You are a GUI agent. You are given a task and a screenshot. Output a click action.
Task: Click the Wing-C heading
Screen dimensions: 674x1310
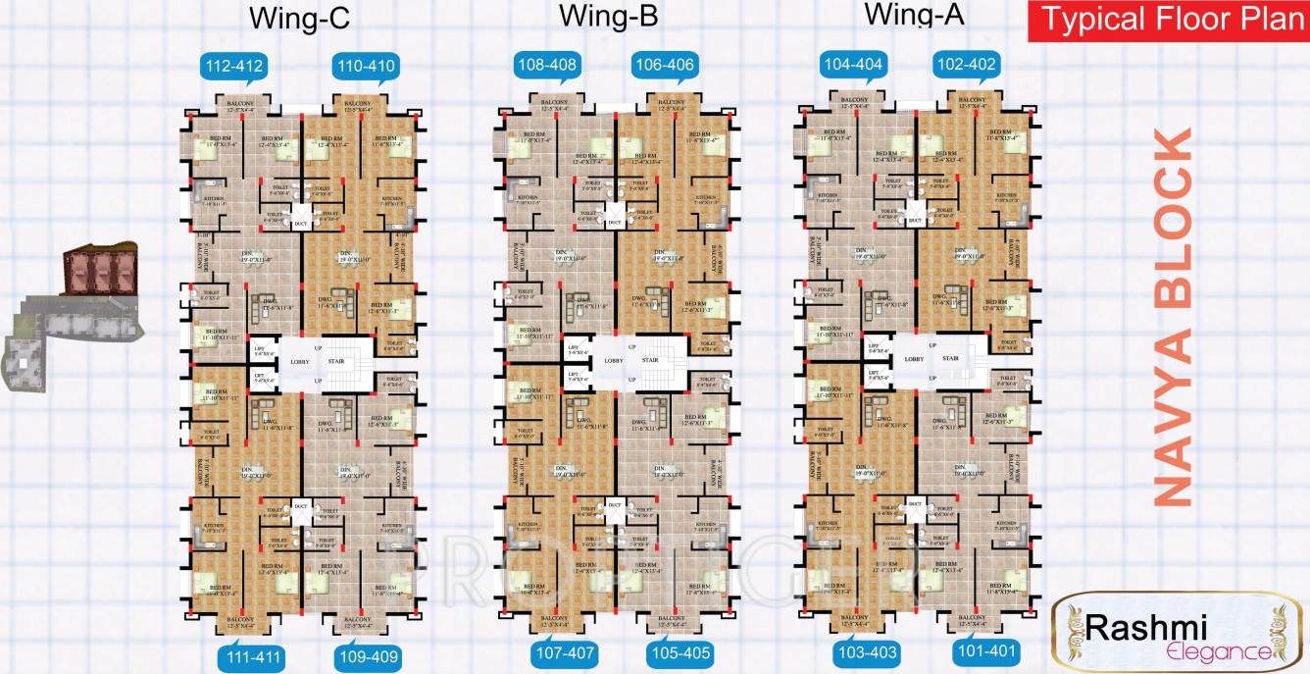[298, 19]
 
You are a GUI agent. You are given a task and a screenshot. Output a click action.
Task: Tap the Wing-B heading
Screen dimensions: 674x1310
[608, 17]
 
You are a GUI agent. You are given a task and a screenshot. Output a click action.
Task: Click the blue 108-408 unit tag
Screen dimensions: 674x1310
[547, 66]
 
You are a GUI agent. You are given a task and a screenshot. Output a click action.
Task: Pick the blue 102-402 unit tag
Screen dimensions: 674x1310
[967, 66]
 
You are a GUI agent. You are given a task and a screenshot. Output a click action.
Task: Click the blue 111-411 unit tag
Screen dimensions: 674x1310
[250, 656]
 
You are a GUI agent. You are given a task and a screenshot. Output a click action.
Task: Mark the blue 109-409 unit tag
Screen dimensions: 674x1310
[368, 656]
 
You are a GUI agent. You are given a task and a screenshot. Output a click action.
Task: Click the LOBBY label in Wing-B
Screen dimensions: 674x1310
[614, 361]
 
